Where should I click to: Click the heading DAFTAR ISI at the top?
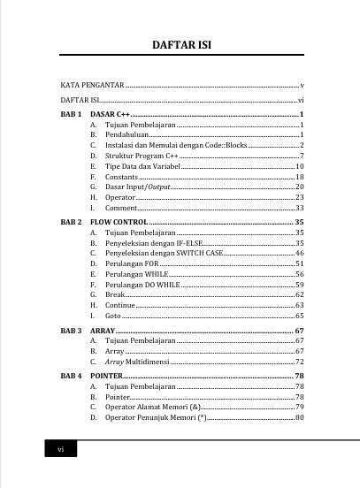coord(180,44)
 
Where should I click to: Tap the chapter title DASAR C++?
coord(111,115)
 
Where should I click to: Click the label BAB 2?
coord(72,221)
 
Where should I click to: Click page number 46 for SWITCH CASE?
coord(299,253)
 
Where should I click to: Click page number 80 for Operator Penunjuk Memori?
coord(300,417)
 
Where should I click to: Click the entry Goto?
coord(113,316)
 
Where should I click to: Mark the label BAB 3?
coord(72,331)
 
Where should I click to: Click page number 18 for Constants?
coord(299,177)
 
